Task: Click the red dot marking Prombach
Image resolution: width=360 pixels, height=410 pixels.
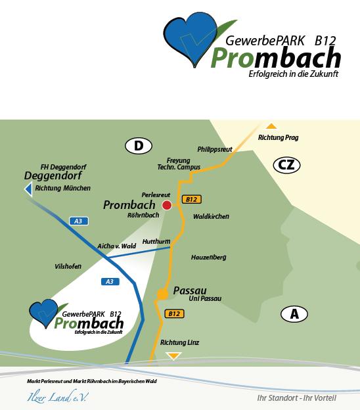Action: point(167,205)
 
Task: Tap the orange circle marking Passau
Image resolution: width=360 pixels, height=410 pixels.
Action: point(163,294)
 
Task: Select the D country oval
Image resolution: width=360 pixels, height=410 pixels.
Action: point(139,146)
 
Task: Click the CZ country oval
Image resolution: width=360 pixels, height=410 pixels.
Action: point(286,165)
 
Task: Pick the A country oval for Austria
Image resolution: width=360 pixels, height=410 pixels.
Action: point(294,314)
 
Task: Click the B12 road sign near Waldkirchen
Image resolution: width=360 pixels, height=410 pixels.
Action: point(192,200)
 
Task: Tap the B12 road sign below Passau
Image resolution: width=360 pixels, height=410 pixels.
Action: point(174,314)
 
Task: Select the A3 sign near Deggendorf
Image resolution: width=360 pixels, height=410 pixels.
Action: point(79,221)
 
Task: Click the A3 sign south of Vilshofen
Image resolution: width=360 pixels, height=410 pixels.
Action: point(110,282)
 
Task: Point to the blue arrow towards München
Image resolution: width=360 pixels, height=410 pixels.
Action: point(28,189)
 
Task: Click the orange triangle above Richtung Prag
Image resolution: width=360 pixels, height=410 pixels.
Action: point(271,127)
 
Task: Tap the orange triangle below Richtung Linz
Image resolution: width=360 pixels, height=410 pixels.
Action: point(174,356)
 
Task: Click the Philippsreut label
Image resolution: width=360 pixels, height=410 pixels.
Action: point(215,149)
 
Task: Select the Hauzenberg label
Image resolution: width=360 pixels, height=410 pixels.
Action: point(208,258)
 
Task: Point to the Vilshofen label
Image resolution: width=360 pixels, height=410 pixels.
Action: point(68,267)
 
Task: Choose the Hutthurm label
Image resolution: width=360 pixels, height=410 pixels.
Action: point(156,241)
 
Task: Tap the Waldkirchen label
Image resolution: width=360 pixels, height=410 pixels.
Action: point(211,217)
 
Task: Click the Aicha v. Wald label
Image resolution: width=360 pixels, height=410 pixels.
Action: point(116,246)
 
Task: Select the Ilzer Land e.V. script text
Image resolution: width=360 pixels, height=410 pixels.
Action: point(58,397)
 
